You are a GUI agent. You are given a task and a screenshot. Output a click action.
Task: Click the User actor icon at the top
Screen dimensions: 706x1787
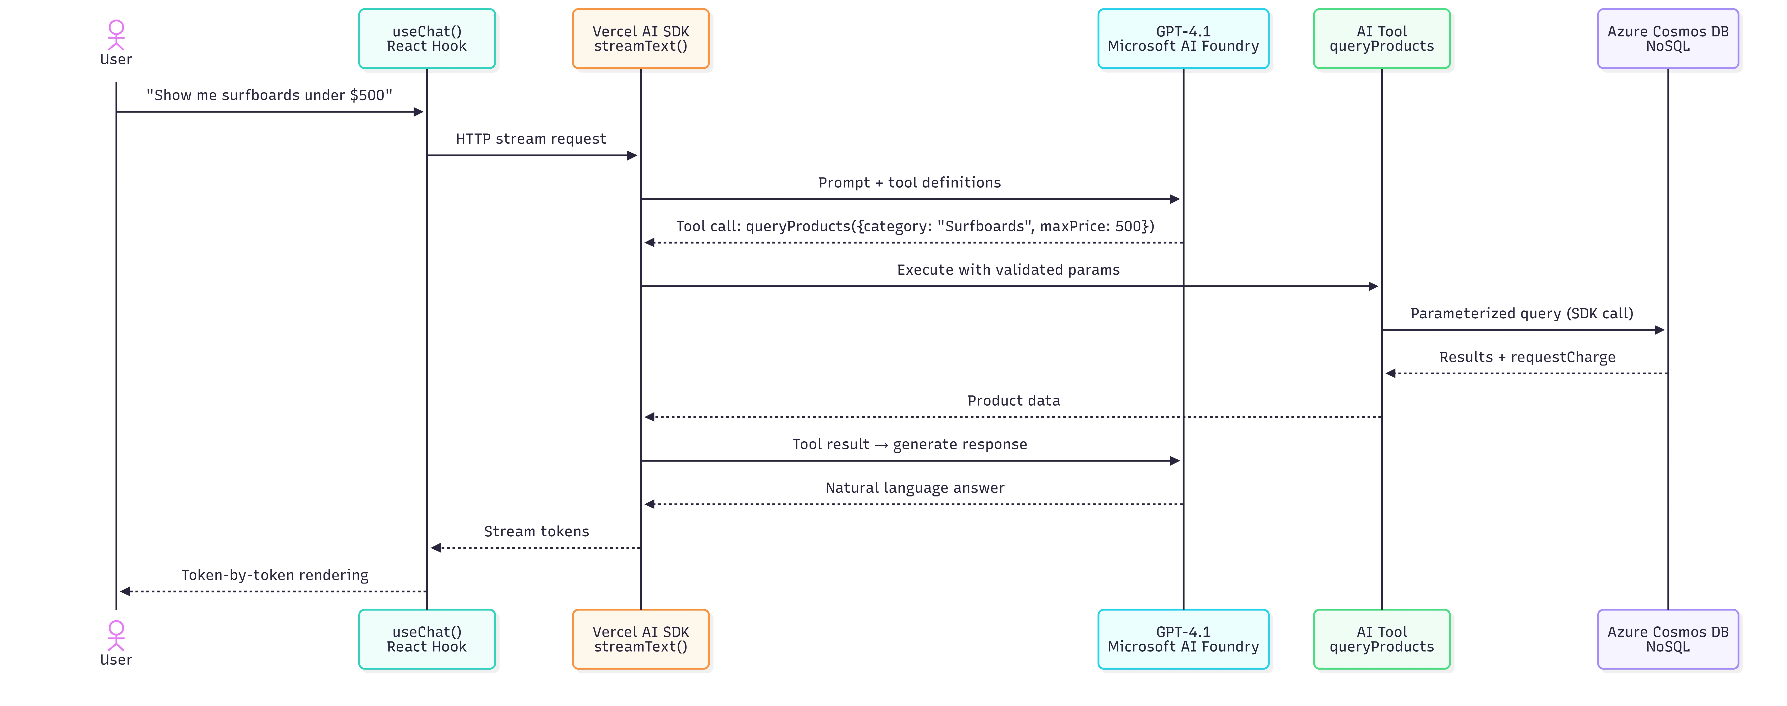(116, 35)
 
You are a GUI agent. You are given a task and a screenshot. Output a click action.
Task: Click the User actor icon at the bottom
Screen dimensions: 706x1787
(116, 635)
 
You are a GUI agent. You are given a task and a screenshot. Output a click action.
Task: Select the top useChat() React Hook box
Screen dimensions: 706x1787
(427, 39)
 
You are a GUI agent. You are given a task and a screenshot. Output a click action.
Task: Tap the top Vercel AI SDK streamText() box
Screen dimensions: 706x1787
(640, 39)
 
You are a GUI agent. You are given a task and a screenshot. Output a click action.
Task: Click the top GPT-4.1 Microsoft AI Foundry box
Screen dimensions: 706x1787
(1183, 39)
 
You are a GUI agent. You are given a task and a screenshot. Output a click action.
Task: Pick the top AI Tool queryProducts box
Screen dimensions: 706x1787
(1381, 39)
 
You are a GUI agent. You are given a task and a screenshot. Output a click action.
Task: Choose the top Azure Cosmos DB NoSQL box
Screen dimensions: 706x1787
(1668, 39)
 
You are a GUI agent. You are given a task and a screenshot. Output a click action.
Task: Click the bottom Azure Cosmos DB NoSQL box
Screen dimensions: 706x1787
(1668, 639)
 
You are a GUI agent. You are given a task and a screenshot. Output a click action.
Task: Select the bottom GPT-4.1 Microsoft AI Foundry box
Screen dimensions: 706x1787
(1183, 639)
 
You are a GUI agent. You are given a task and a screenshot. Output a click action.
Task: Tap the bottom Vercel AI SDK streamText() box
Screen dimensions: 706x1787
(640, 639)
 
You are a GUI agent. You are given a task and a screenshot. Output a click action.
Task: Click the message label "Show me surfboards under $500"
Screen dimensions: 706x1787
(269, 95)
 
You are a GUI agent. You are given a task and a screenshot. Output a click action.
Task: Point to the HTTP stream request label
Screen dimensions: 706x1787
(531, 139)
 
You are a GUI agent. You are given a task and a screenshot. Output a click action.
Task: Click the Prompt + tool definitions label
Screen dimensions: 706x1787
(909, 182)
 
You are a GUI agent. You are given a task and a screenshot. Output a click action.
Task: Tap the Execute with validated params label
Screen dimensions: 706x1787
(1008, 270)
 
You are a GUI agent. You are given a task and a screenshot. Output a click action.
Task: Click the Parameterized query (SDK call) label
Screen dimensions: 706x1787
(1521, 314)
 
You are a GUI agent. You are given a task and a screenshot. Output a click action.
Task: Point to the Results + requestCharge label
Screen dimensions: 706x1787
(1527, 357)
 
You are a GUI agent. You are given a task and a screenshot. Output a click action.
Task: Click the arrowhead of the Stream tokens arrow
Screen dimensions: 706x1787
(436, 548)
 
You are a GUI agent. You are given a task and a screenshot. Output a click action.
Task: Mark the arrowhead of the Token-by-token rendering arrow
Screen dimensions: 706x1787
(125, 592)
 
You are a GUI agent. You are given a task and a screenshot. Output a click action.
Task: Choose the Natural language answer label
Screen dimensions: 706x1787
(914, 488)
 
